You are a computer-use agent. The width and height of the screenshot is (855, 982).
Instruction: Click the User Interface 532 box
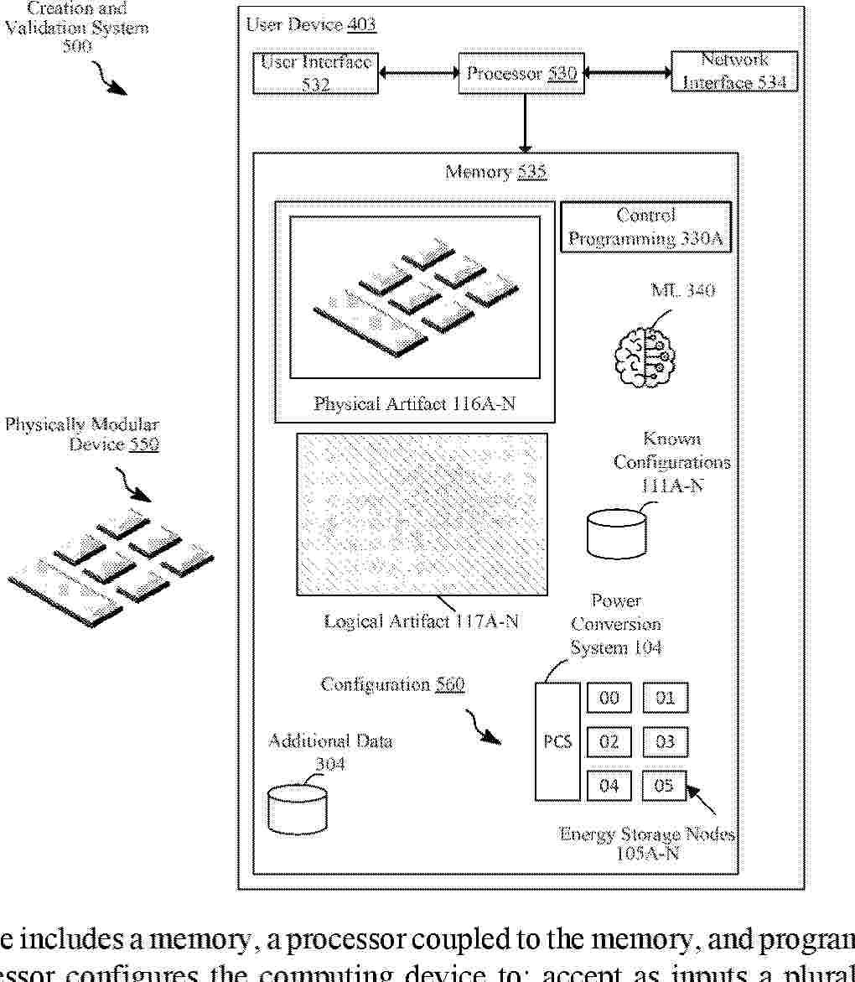click(x=315, y=73)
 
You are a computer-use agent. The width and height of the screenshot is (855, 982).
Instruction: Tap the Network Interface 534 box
click(x=734, y=72)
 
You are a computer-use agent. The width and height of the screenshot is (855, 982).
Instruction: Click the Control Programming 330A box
click(x=645, y=227)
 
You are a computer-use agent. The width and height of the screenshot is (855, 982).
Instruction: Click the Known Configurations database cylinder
click(x=616, y=533)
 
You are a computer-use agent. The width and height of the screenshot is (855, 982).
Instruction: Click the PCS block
click(x=557, y=741)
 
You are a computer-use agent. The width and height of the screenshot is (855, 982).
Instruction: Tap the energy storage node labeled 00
click(x=609, y=698)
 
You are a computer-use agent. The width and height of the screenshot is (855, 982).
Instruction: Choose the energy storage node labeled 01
click(x=665, y=698)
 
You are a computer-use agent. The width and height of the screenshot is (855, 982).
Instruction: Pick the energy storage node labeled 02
click(x=609, y=741)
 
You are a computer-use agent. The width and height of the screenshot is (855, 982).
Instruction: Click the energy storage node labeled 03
click(x=665, y=741)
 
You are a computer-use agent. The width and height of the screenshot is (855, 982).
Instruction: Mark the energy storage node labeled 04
click(x=609, y=786)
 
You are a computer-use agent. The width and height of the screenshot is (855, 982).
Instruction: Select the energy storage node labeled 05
click(x=664, y=786)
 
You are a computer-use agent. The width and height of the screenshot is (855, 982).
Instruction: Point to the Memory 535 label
click(x=496, y=173)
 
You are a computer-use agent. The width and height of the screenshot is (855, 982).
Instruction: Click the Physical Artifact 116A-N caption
click(x=414, y=404)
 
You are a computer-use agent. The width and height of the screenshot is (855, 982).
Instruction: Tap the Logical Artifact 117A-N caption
click(x=421, y=621)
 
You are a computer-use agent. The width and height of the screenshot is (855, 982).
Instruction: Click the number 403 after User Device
click(x=361, y=24)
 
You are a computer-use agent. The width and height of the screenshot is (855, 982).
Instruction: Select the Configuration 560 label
click(x=392, y=684)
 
